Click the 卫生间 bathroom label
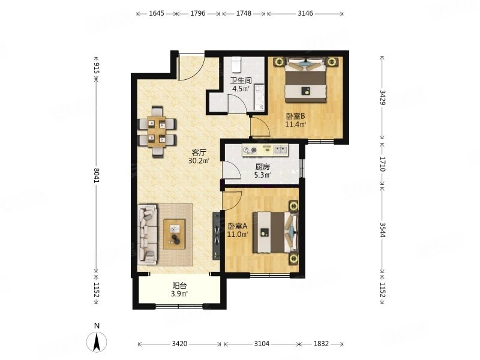click(x=241, y=80)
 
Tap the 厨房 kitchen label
click(x=262, y=167)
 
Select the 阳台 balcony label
click(x=179, y=286)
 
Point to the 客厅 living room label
click(x=199, y=152)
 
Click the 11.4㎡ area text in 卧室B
click(x=296, y=124)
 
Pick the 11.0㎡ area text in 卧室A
click(x=237, y=234)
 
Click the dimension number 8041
click(x=97, y=175)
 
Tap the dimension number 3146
click(x=305, y=13)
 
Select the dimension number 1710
click(x=383, y=164)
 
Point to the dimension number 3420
click(x=179, y=344)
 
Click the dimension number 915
click(x=97, y=68)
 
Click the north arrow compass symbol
click(x=97, y=341)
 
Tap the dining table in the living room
click(x=157, y=131)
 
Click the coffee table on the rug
click(x=174, y=234)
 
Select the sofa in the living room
click(x=148, y=234)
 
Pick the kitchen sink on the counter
click(x=280, y=150)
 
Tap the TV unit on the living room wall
click(x=217, y=236)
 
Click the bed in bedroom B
click(x=305, y=80)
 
